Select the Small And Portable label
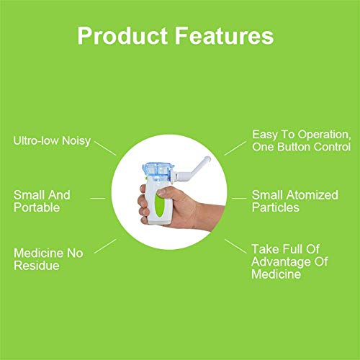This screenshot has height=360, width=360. [43, 201]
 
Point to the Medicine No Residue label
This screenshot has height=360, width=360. [48, 259]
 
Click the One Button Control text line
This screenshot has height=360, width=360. [301, 147]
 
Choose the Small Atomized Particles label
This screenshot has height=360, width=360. [291, 201]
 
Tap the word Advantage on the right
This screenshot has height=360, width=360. [285, 261]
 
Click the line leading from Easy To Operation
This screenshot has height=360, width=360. [235, 147]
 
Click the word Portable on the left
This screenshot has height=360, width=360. [36, 208]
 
